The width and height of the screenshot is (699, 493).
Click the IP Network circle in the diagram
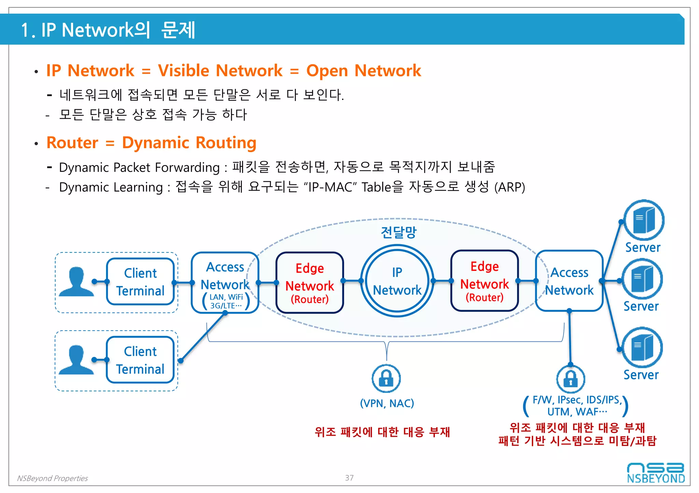pos(397,281)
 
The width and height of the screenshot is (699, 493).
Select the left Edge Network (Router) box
pos(310,282)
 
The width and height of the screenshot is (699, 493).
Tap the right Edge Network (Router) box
pos(484,281)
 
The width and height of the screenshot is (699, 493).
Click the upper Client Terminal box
pos(140,281)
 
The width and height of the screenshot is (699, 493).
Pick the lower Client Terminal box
pos(140,360)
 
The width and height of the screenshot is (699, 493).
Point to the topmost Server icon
pos(644,220)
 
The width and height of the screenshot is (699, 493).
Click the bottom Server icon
pos(642,348)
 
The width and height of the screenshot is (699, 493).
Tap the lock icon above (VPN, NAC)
pos(386,379)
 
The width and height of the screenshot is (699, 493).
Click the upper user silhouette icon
pos(76,281)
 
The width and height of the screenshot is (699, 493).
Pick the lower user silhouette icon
pos(76,360)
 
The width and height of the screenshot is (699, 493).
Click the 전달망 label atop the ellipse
pos(399,232)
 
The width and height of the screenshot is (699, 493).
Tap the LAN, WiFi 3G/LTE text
pos(226,301)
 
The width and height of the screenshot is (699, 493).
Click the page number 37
pos(349,478)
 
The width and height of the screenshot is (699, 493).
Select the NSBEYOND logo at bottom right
pos(656,473)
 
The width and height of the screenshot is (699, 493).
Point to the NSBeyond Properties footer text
pos(52,478)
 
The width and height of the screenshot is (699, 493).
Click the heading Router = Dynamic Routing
pos(151,143)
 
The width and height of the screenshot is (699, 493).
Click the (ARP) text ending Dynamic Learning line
pos(510,187)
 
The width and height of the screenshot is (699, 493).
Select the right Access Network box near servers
pos(569,281)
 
